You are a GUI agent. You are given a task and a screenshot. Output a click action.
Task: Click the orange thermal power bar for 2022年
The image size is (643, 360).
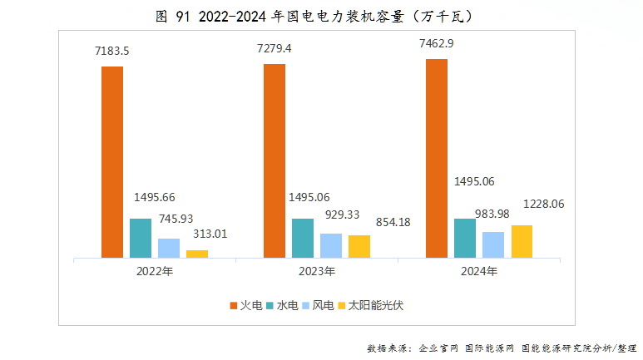pyautogui.click(x=112, y=162)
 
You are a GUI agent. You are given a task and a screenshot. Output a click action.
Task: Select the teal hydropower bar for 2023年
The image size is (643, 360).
pyautogui.click(x=303, y=239)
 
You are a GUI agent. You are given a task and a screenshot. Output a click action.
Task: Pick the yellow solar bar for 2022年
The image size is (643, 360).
pyautogui.click(x=197, y=254)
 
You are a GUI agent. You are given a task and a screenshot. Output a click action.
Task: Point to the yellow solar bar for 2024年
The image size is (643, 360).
pyautogui.click(x=522, y=241)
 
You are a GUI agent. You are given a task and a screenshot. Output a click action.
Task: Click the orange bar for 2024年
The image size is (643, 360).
pyautogui.click(x=437, y=159)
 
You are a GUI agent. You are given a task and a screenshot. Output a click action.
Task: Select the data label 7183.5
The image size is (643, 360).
pyautogui.click(x=112, y=52)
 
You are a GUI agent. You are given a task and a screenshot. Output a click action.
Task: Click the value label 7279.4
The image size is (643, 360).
pyautogui.click(x=275, y=49)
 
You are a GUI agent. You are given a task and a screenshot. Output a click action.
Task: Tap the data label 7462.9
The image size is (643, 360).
pyautogui.click(x=437, y=44)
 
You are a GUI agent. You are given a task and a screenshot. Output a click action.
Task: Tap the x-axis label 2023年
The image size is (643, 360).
pyautogui.click(x=317, y=271)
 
